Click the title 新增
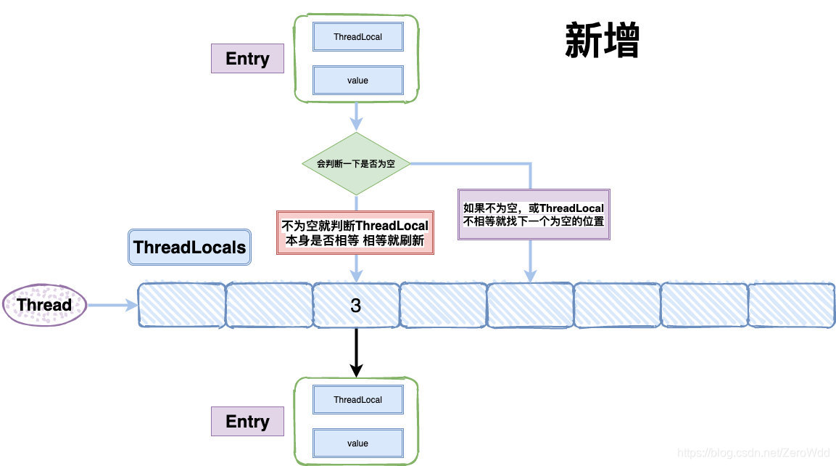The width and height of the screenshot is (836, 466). click(601, 41)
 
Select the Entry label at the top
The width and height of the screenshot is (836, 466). click(247, 59)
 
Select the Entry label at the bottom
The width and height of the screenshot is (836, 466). click(247, 422)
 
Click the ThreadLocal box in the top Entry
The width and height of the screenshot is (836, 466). click(357, 36)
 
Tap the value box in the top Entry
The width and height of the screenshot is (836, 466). click(357, 81)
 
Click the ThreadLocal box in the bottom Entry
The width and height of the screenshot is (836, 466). click(357, 399)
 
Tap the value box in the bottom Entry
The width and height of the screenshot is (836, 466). click(357, 443)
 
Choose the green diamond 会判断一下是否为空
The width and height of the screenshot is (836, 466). click(355, 164)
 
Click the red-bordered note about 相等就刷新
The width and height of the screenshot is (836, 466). click(355, 232)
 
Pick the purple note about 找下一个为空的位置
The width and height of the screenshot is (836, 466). click(534, 214)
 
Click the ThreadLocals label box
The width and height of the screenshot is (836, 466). click(189, 248)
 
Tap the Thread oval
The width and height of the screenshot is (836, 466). click(44, 305)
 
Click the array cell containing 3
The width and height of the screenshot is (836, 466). click(356, 306)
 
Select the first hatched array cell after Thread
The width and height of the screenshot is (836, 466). click(181, 305)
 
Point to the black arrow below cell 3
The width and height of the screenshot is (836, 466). click(356, 352)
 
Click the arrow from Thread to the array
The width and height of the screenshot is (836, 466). click(112, 305)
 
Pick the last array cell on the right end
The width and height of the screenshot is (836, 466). click(790, 305)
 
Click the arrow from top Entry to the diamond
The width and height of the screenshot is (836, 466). click(356, 116)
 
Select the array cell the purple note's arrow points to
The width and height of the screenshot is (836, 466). click(530, 305)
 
